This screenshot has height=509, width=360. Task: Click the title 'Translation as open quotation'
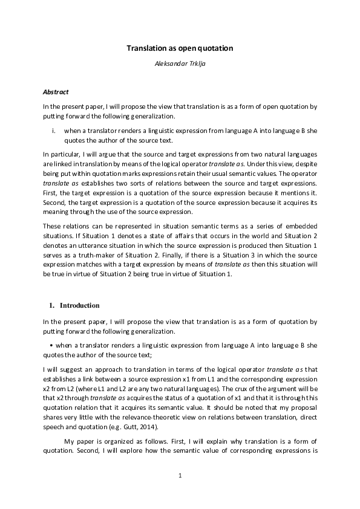click(x=180, y=47)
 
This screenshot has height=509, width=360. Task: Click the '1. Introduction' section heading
click(x=74, y=305)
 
